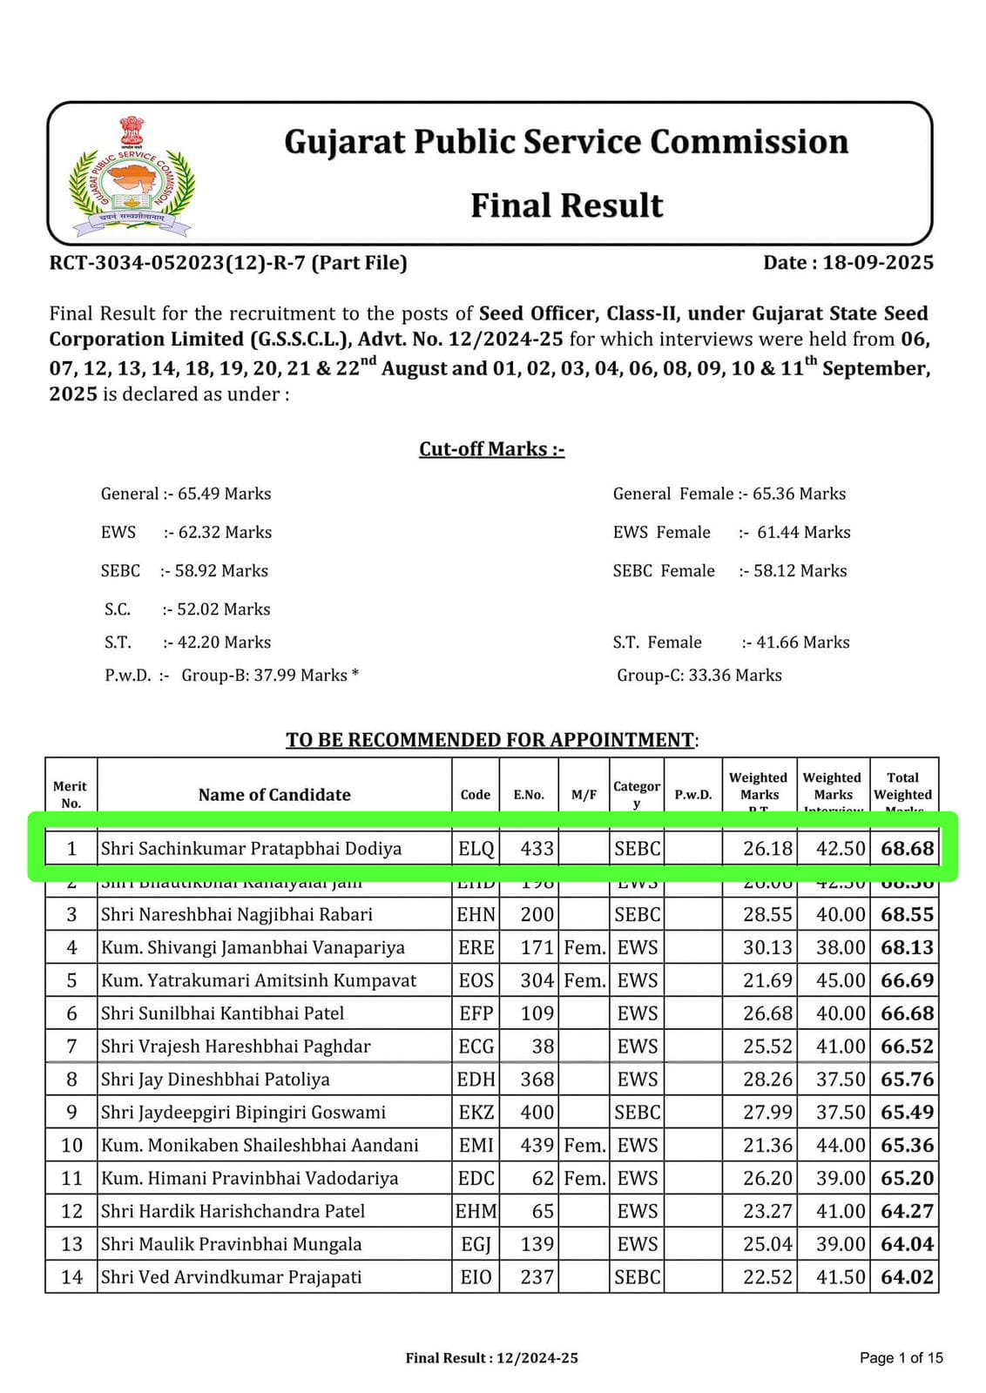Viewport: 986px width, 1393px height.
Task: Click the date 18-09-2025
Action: [x=877, y=263]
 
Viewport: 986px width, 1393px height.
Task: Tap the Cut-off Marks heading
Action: [x=491, y=449]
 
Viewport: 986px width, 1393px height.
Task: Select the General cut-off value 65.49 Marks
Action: [x=224, y=494]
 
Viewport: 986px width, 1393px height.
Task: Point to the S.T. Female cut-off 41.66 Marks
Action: [x=802, y=643]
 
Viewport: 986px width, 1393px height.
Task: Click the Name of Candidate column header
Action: [x=274, y=794]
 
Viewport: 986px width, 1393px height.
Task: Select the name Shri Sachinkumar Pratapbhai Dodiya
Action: [x=251, y=848]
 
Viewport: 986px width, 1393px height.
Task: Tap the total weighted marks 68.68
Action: [x=906, y=848]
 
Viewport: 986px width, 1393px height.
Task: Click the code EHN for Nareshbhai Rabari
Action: [x=476, y=914]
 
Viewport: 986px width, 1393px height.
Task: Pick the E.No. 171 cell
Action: [x=537, y=947]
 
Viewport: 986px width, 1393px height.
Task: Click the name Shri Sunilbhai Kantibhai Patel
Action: [x=222, y=1013]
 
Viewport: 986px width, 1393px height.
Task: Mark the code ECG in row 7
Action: [x=476, y=1046]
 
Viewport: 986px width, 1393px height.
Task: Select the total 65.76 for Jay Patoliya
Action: [x=906, y=1080]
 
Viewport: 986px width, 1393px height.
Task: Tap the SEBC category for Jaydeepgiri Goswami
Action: [x=637, y=1113]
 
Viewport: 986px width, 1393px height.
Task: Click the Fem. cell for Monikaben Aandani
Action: [x=584, y=1146]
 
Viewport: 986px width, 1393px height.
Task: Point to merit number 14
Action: [x=71, y=1277]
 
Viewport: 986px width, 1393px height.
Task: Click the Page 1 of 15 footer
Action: [x=901, y=1357]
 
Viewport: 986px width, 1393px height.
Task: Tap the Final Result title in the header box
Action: [x=566, y=205]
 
